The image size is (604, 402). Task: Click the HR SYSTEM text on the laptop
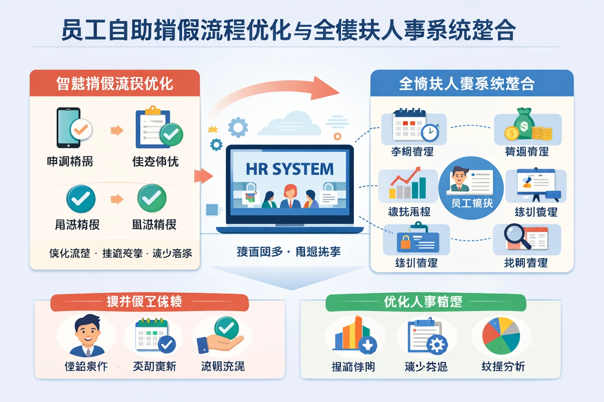(x=289, y=169)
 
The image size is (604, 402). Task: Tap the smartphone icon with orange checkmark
(x=73, y=128)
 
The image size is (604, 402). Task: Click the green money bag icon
(x=525, y=125)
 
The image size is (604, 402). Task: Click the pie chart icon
(x=501, y=336)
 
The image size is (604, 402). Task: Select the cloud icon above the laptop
(x=289, y=124)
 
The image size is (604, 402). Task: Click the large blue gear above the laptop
(x=238, y=128)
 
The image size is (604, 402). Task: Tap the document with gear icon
(x=427, y=338)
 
